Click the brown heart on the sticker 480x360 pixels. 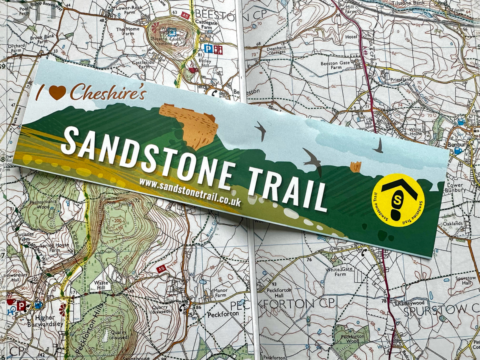coord(57,92)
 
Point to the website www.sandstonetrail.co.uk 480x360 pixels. coord(190,192)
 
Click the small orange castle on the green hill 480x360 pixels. coord(355,166)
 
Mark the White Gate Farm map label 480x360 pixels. coord(340,272)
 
